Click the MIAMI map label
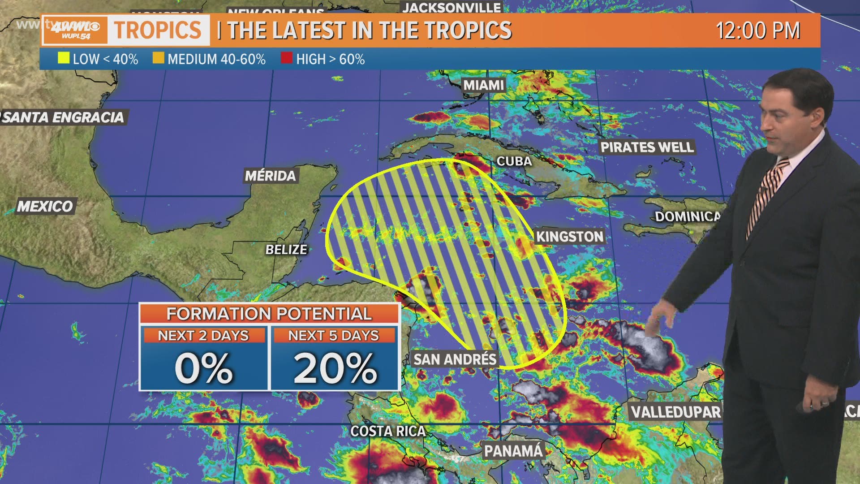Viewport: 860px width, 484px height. coord(483,85)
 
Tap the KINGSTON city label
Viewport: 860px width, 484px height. coord(570,236)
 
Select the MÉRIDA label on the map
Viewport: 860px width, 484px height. coord(270,176)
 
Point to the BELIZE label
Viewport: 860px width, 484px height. coord(286,249)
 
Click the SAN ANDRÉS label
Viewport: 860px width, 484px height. coord(455,359)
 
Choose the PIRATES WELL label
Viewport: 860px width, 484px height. coord(647,147)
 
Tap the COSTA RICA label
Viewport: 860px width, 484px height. coord(388,431)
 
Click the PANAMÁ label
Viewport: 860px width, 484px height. coord(513,451)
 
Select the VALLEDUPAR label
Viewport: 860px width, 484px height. coord(675,412)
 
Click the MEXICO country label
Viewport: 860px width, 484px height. coord(45,206)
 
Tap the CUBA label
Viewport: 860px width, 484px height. coord(514,161)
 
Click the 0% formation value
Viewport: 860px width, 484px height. coord(204,368)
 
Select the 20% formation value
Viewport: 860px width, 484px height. coord(335,368)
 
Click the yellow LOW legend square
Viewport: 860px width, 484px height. coord(64,58)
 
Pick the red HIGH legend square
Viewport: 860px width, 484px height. coord(287,58)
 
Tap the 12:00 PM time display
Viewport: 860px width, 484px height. coord(758,30)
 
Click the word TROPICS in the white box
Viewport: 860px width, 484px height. coord(158,30)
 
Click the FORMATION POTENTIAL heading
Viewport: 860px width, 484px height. coord(269,313)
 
